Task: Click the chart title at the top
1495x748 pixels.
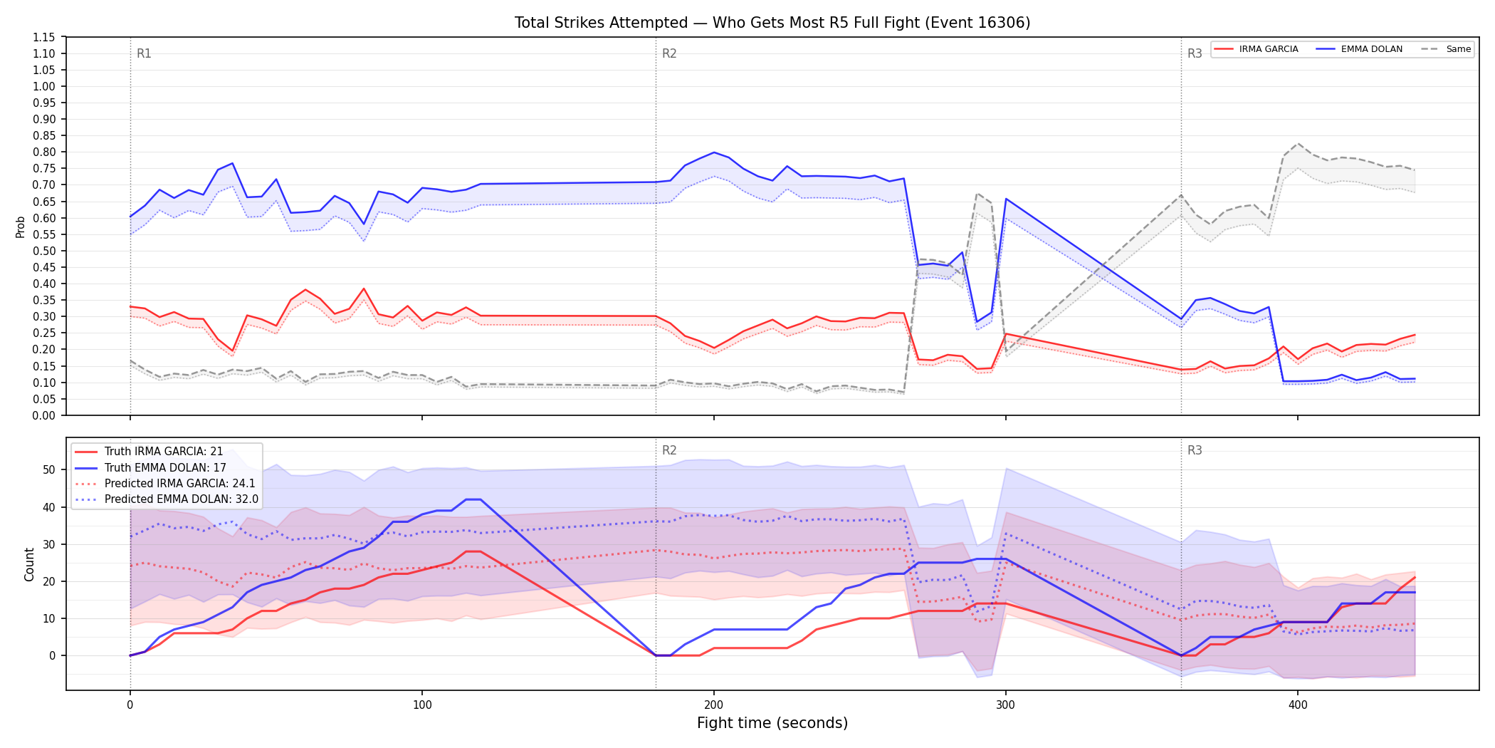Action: click(772, 23)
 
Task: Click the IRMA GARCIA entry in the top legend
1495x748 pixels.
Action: click(1257, 49)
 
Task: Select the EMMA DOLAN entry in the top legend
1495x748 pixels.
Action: click(1359, 49)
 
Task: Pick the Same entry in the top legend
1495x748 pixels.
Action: click(1446, 49)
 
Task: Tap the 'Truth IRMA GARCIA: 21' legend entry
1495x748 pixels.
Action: click(149, 452)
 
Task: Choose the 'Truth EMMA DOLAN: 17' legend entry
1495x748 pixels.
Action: click(150, 467)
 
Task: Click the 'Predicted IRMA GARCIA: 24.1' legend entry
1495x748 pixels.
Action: click(165, 483)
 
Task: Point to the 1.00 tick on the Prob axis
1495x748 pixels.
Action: click(46, 86)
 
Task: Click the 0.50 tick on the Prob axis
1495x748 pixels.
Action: click(46, 251)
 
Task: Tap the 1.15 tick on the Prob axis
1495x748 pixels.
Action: click(46, 37)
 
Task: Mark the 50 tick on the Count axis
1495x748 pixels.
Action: click(49, 469)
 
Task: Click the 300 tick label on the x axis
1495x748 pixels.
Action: click(1005, 705)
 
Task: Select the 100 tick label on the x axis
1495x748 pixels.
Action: click(422, 705)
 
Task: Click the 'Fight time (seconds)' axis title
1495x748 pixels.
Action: click(772, 723)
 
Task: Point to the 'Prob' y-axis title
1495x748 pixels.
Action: click(21, 227)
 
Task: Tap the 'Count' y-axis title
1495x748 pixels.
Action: click(29, 564)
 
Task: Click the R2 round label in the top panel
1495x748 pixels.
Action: click(669, 53)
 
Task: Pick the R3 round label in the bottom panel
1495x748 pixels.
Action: click(1195, 450)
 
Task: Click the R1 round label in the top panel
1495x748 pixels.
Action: click(144, 53)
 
